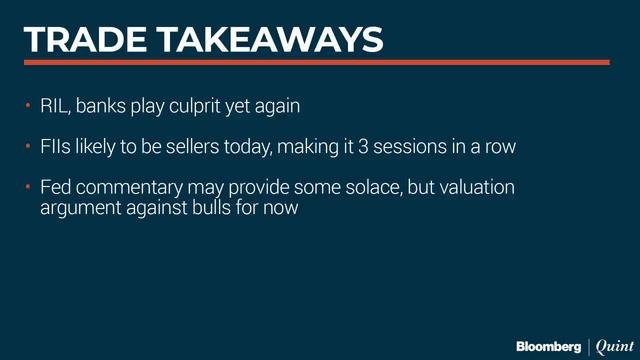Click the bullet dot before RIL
pos(29,106)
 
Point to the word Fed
pos(56,188)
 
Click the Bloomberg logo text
pos(548,346)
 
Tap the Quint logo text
pos(612,346)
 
